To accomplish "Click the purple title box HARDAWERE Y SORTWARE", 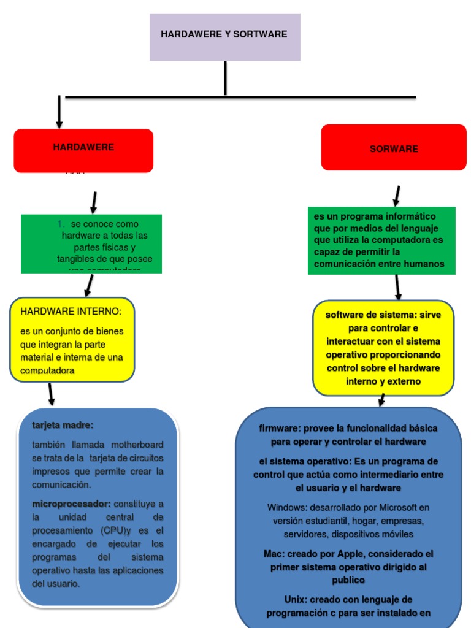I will point(224,37).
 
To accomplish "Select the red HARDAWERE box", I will point(83,150).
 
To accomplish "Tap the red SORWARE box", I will point(394,148).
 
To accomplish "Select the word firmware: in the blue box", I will point(278,428).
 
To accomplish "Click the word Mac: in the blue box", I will point(274,554).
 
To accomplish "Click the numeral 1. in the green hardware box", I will point(61,224).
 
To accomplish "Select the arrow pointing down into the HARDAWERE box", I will point(59,112).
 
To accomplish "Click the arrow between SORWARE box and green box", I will point(397,196).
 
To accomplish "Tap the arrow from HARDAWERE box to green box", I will point(94,202).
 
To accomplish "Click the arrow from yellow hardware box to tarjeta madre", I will point(51,394).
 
